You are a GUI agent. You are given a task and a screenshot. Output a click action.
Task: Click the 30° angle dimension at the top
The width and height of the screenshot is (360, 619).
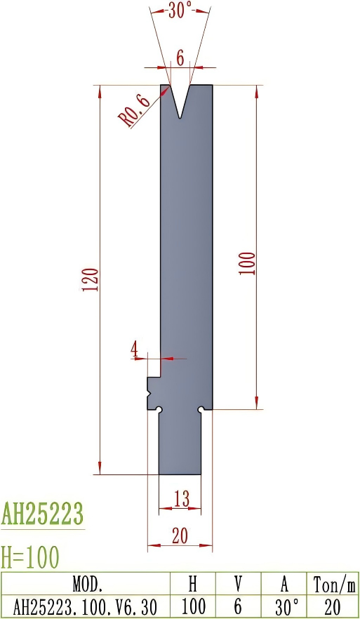pos(180,11)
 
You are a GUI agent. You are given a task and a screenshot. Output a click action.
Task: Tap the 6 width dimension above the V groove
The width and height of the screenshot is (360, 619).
pos(180,59)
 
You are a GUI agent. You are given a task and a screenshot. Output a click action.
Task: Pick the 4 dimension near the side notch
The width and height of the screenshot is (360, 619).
pos(134,349)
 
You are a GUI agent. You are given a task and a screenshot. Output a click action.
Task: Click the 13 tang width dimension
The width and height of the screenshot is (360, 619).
pos(180,499)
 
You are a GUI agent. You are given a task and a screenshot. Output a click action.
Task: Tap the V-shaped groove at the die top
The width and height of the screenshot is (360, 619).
pos(180,102)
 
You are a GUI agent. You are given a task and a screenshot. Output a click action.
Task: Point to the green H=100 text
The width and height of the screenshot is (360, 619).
pos(30,557)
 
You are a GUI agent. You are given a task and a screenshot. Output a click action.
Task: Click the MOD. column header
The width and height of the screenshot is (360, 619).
pos(88,584)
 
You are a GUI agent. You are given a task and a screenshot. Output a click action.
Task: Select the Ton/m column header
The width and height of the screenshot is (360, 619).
pos(334,584)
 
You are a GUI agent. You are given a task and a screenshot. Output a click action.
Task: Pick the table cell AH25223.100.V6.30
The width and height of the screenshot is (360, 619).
pos(88,606)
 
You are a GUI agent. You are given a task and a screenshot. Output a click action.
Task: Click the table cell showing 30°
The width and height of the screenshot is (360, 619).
pos(284,606)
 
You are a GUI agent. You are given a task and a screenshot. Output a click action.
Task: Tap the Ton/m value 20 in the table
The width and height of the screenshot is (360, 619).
pos(334,606)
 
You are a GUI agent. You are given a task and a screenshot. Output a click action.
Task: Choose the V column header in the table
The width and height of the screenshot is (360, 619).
pos(238,584)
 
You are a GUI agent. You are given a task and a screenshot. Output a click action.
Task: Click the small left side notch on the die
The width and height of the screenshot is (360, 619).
pos(152,393)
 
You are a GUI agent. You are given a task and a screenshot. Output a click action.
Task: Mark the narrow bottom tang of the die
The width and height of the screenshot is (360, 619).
pos(180,442)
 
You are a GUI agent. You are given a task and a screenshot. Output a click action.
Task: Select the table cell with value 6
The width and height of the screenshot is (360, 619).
pos(238,606)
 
